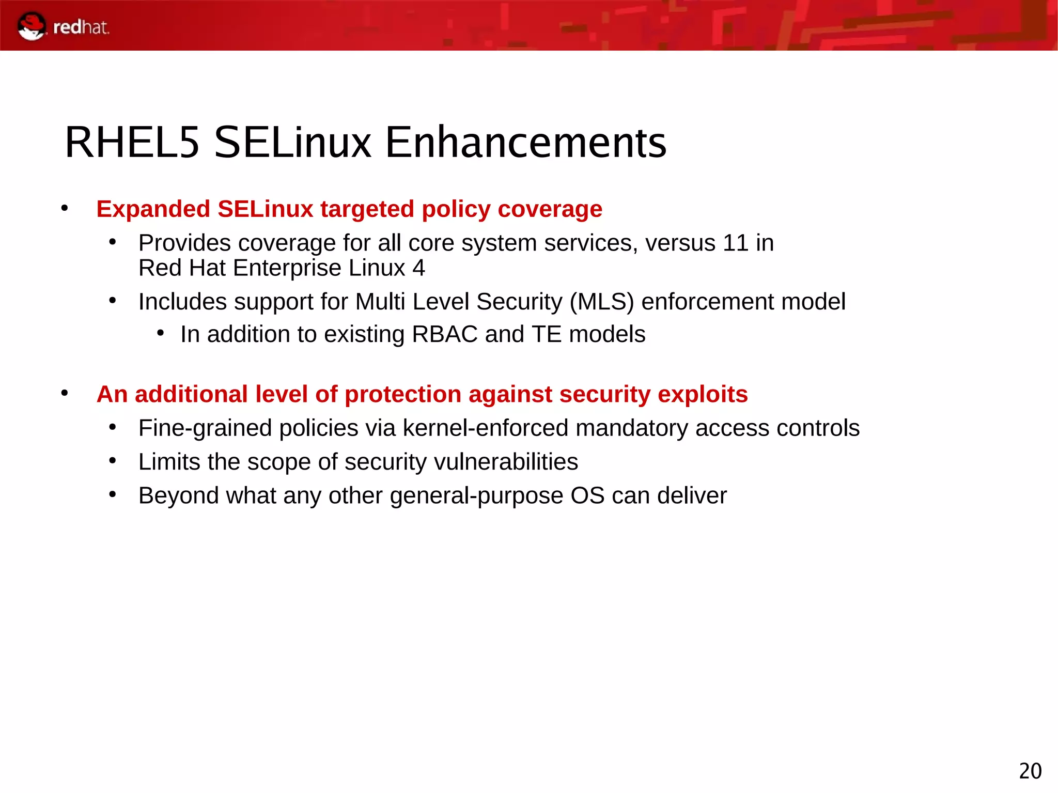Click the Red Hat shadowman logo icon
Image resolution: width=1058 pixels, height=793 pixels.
click(31, 26)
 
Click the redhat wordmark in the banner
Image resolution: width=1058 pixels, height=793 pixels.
click(81, 27)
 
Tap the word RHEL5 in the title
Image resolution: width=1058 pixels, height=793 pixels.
click(132, 142)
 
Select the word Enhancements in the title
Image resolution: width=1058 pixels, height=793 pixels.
click(525, 142)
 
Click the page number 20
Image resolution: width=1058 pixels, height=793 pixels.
click(1030, 771)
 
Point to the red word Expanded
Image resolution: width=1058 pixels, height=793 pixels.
click(153, 209)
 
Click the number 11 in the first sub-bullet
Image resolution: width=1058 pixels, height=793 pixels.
click(735, 243)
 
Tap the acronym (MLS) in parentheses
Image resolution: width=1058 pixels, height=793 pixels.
click(601, 302)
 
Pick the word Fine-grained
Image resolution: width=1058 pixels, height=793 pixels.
click(205, 428)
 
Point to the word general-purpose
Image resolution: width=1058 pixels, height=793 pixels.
click(476, 496)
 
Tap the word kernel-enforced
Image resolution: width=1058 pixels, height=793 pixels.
click(485, 428)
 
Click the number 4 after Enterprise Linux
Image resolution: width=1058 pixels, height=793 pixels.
click(418, 268)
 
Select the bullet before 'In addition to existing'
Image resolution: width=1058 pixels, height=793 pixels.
click(161, 333)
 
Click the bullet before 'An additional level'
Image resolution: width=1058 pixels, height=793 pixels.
click(64, 393)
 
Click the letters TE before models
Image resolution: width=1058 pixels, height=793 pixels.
click(546, 334)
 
